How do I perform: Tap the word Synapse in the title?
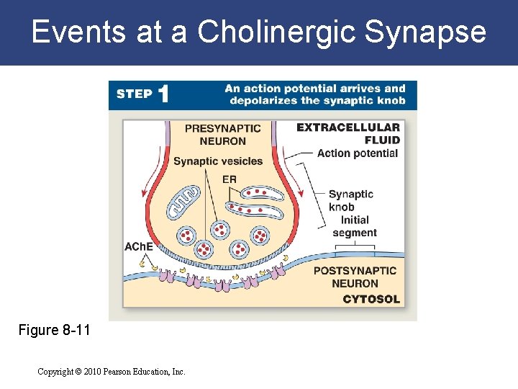426,33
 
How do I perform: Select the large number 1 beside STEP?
164,94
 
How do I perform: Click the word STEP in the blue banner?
134,94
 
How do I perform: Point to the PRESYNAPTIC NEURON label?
223,135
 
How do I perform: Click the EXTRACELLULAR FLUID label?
349,133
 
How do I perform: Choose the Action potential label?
358,153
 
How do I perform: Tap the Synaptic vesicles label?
218,161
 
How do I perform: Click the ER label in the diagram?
230,179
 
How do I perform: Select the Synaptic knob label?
351,200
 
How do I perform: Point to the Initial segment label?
355,226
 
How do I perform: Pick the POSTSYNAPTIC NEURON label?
355,277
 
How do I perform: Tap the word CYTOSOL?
371,299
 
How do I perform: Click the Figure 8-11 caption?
55,331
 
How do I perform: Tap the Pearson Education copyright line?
112,372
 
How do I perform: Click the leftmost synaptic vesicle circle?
186,236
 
